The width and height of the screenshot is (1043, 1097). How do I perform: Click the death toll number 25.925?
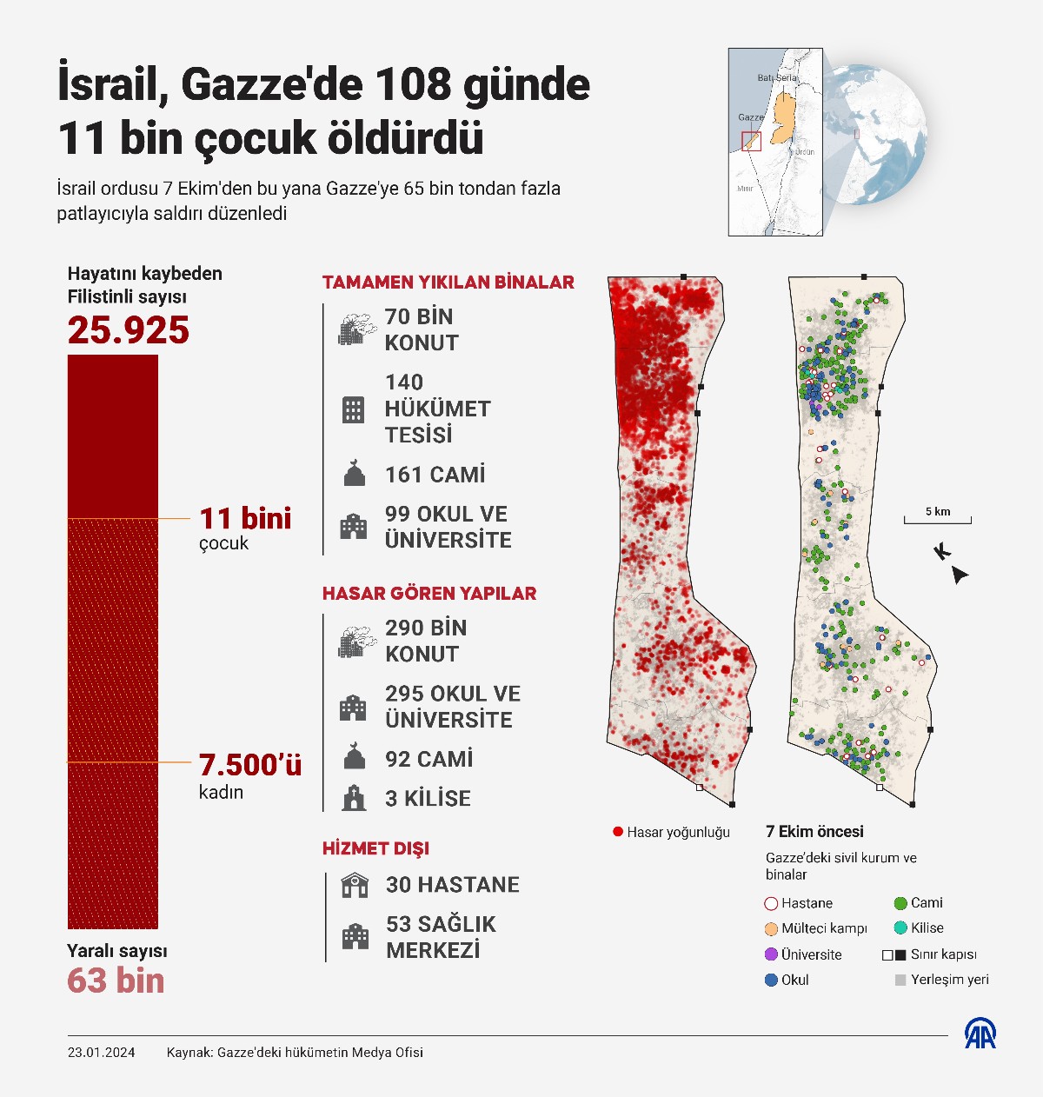(129, 331)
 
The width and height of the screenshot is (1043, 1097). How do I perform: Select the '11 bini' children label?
(245, 519)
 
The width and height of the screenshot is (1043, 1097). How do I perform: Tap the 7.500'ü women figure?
(250, 765)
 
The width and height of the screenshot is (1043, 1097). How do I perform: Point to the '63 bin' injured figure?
(116, 981)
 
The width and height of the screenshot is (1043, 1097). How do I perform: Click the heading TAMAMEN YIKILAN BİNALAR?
(448, 283)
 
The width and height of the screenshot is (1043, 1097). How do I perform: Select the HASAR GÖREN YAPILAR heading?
(429, 594)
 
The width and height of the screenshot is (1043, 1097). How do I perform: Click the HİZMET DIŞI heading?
(375, 848)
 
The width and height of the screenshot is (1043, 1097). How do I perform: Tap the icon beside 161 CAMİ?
(354, 475)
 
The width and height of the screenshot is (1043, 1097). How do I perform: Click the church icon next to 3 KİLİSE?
(354, 798)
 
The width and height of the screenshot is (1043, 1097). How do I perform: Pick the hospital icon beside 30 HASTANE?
(355, 885)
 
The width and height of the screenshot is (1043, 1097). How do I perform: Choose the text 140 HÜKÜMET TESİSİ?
(437, 409)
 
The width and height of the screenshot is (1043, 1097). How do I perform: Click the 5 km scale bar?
(937, 520)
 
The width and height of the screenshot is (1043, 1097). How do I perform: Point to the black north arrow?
(960, 575)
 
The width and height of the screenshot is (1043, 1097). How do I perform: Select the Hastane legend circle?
(771, 904)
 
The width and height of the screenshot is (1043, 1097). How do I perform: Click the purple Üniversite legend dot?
(771, 954)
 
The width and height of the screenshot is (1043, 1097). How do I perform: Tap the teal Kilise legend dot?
(900, 928)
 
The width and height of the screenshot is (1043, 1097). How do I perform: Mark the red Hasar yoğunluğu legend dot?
(618, 832)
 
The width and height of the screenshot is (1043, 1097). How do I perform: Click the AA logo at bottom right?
(980, 1034)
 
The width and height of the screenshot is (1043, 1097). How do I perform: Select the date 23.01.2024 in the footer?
(102, 1053)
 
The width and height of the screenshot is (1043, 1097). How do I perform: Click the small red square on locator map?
(751, 142)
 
